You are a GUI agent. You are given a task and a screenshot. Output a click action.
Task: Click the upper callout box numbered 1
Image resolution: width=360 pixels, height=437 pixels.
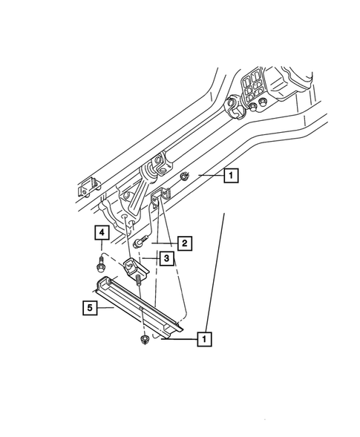click(x=230, y=176)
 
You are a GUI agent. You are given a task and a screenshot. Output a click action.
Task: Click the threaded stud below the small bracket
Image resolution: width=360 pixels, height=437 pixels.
click(x=139, y=283)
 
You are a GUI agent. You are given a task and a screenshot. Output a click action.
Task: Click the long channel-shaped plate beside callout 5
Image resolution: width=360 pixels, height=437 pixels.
click(x=141, y=304)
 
